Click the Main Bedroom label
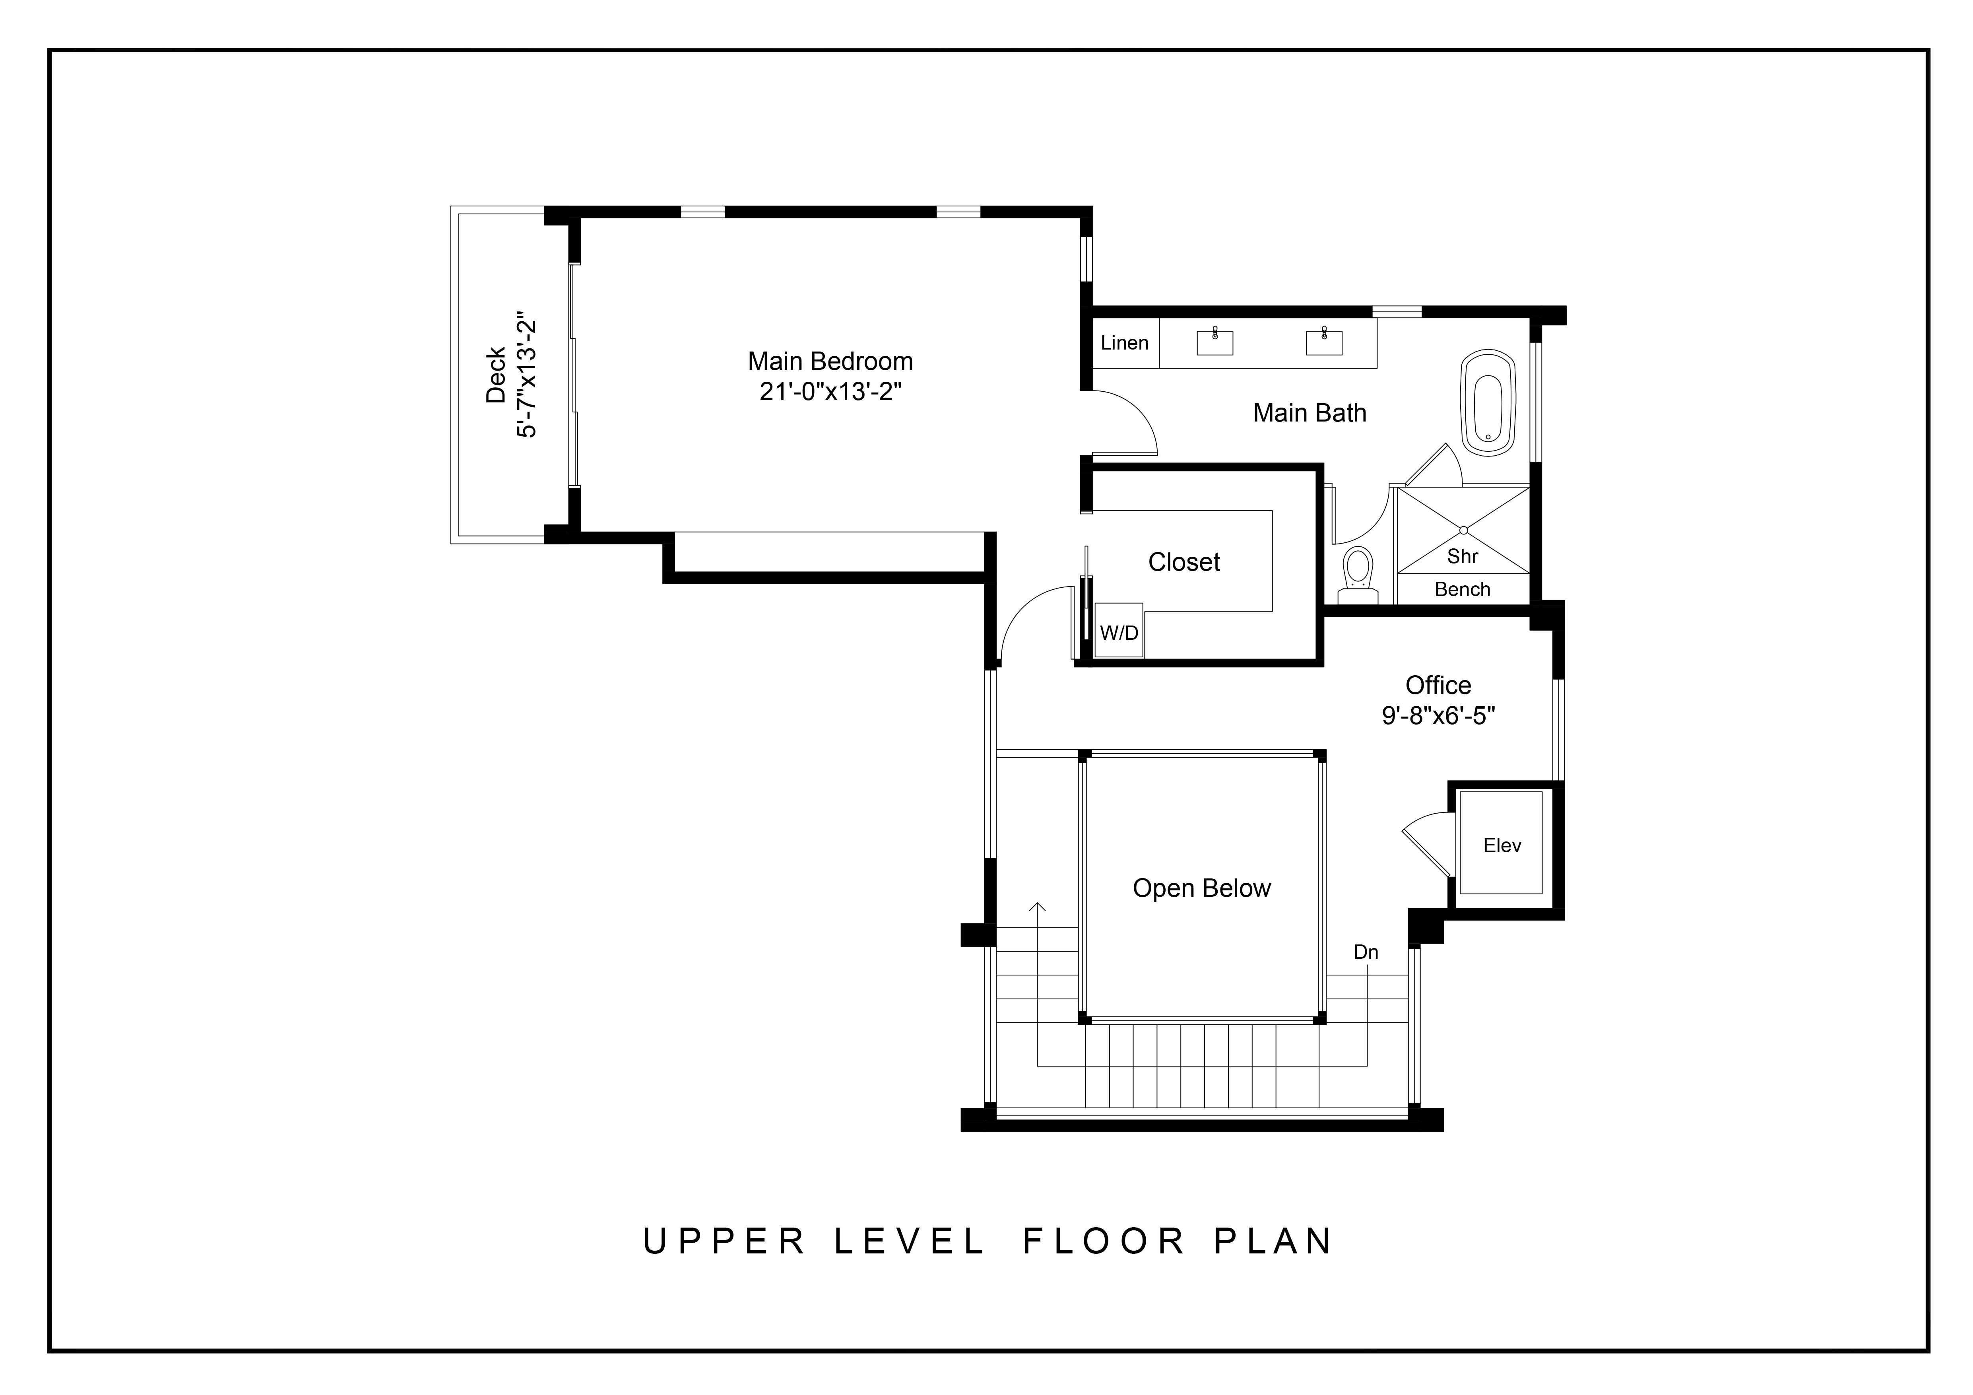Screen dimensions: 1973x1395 830,361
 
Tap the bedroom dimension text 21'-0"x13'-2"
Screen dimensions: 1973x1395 830,392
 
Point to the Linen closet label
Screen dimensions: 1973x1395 1124,343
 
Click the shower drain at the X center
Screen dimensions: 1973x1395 1463,529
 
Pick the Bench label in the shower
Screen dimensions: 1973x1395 1463,590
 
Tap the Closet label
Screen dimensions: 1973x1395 1184,562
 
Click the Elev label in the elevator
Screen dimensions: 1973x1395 1502,846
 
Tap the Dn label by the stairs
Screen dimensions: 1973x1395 1366,952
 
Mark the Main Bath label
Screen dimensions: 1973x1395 1310,414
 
